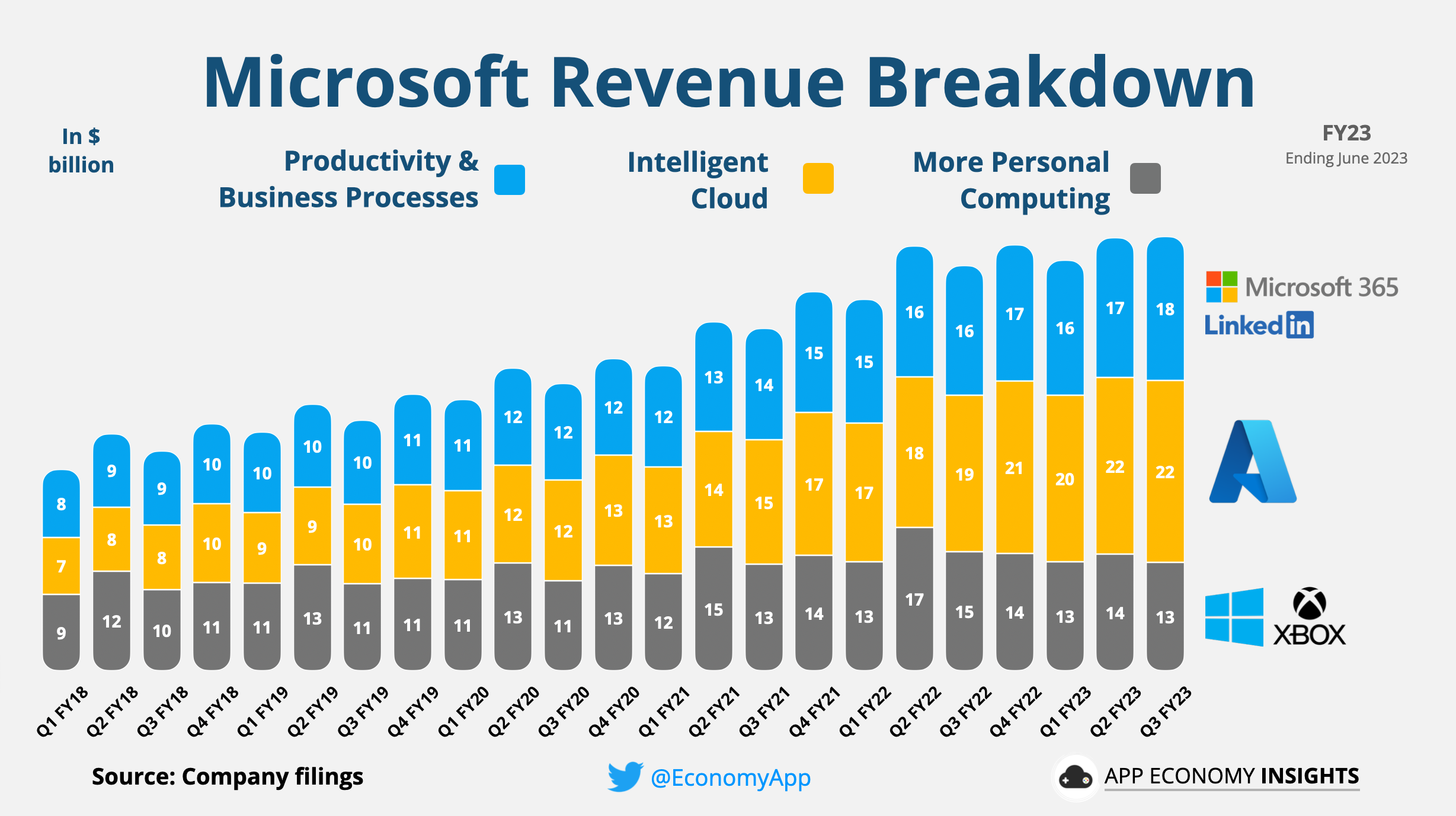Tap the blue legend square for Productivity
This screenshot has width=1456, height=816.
[x=509, y=180]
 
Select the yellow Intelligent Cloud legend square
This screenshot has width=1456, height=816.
[x=818, y=178]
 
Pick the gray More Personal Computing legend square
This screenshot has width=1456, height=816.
[x=1145, y=178]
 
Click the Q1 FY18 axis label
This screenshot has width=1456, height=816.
[x=62, y=711]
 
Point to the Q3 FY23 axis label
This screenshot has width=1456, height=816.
[x=1166, y=711]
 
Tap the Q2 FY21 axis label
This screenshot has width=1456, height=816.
[x=714, y=711]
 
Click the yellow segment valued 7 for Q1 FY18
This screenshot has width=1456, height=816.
[x=61, y=566]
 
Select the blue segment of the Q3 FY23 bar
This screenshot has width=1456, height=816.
[x=1165, y=309]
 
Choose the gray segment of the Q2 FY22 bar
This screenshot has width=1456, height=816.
[x=914, y=599]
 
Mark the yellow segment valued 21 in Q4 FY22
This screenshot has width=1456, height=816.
[x=1015, y=468]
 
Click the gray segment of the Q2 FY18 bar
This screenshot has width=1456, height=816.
[x=111, y=620]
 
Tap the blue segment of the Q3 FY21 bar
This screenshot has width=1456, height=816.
[x=764, y=385]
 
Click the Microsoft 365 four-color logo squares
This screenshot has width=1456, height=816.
[x=1221, y=287]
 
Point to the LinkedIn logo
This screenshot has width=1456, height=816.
[x=1259, y=325]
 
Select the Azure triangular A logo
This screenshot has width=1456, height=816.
[x=1252, y=462]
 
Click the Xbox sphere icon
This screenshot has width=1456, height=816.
[x=1309, y=603]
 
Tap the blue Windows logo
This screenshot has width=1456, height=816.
[x=1234, y=617]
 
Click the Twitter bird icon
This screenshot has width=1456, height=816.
[x=625, y=776]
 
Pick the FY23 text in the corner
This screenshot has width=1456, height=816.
[x=1346, y=133]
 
